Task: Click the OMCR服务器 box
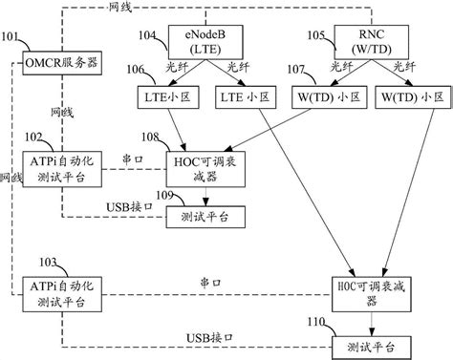[x=61, y=67]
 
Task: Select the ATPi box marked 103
[x=61, y=293]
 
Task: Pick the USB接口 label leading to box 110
[x=208, y=336]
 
